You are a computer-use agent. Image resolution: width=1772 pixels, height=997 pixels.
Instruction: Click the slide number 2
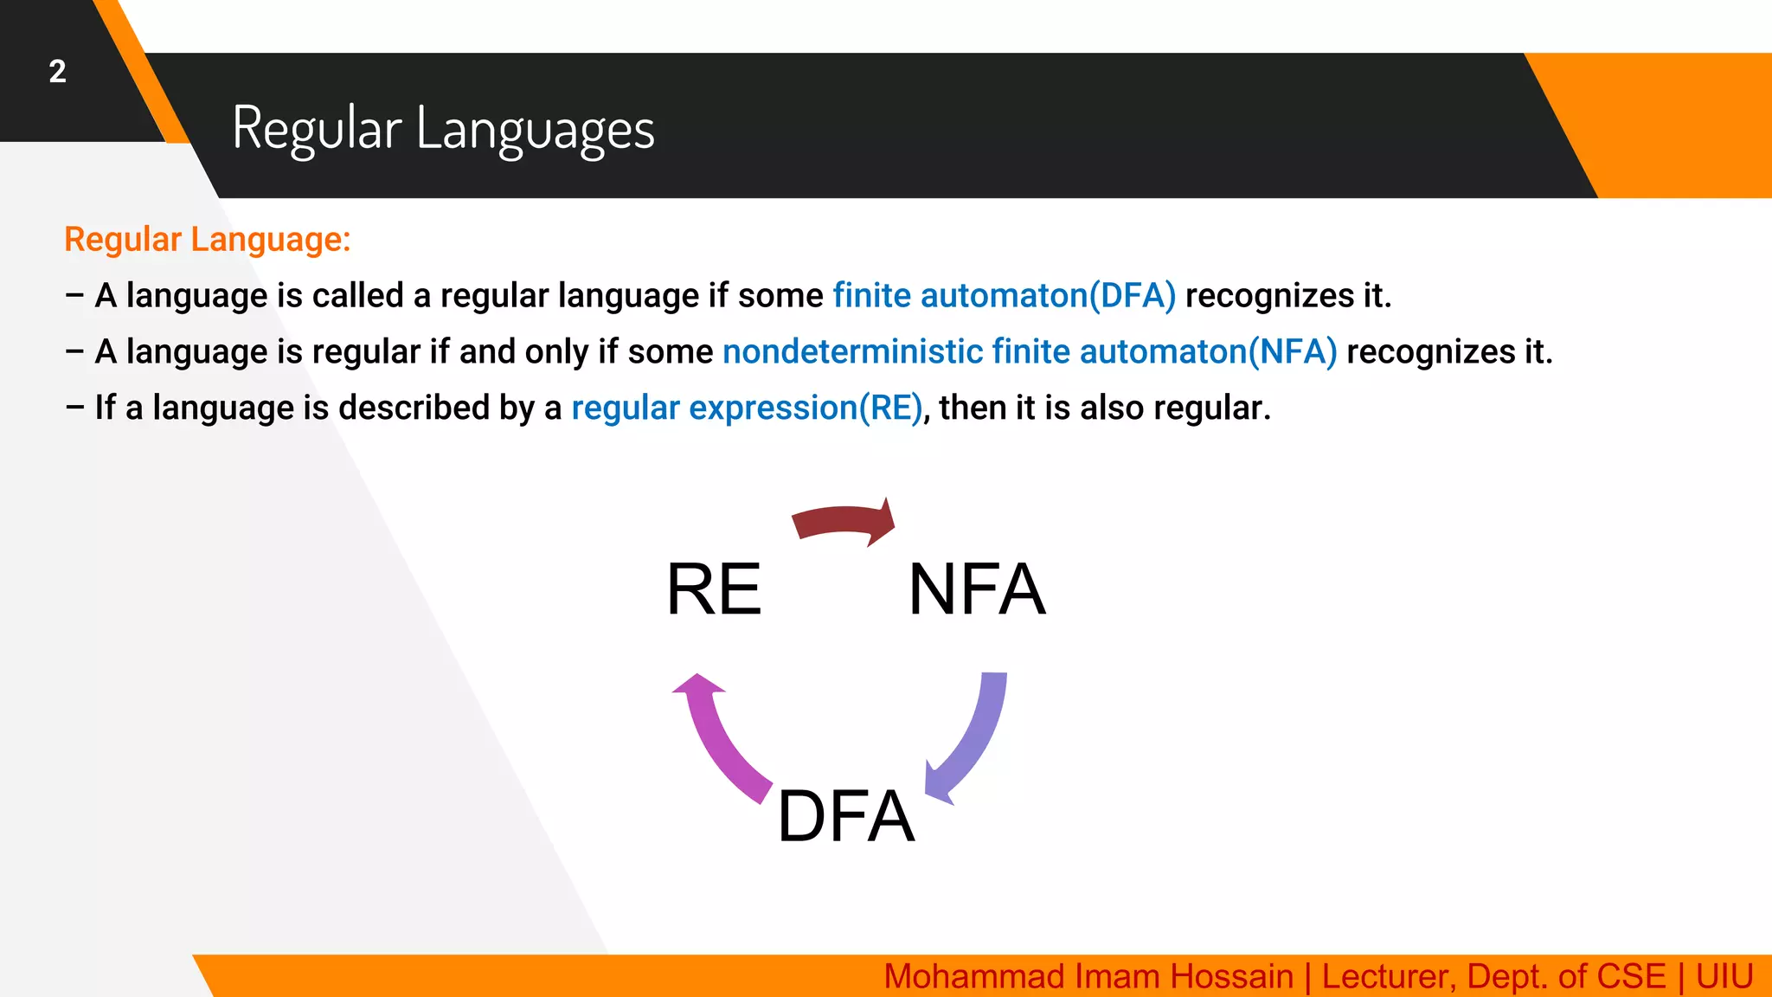(x=57, y=71)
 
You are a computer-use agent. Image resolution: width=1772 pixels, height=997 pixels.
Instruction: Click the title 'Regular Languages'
(x=443, y=128)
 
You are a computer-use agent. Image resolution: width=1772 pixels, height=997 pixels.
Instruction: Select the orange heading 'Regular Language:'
(x=208, y=240)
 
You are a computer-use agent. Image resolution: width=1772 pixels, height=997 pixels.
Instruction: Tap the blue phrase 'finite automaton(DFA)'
(x=1004, y=296)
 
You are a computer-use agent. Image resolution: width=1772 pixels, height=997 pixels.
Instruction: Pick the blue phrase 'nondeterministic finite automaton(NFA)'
(x=1030, y=352)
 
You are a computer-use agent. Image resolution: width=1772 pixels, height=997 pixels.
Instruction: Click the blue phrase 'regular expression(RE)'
(x=747, y=408)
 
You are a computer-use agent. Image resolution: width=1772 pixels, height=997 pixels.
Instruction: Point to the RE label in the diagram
(x=714, y=589)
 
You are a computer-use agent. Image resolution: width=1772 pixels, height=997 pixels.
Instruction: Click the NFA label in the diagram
(x=977, y=589)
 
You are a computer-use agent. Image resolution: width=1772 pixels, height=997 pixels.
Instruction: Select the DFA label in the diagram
(x=845, y=816)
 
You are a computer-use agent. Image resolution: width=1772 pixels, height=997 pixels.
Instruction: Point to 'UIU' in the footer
(x=1724, y=976)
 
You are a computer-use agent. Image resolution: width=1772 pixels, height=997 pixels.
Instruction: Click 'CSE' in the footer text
(x=1631, y=976)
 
